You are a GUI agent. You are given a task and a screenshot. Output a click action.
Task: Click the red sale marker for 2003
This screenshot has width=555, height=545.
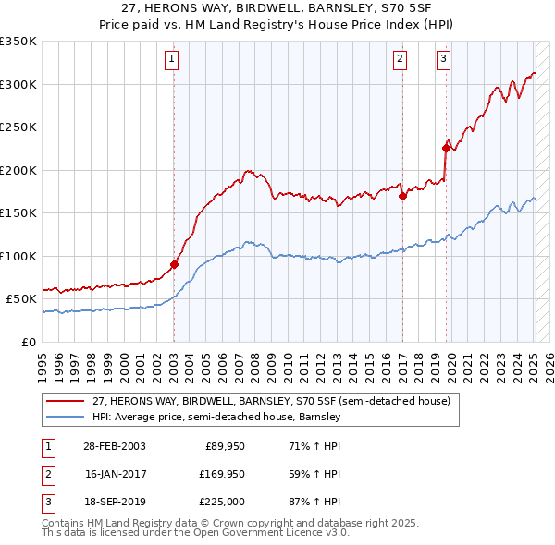pos(174,264)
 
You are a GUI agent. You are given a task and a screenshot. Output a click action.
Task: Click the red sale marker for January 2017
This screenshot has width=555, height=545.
pos(402,196)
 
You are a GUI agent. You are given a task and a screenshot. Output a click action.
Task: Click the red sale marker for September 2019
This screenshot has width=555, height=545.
pos(446,148)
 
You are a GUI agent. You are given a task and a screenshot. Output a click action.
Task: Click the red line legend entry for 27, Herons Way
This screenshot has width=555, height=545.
pos(271,401)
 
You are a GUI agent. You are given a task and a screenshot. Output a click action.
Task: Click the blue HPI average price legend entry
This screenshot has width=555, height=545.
pos(216,417)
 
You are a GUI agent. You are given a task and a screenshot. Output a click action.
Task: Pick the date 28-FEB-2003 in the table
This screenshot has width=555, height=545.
pos(114,446)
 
